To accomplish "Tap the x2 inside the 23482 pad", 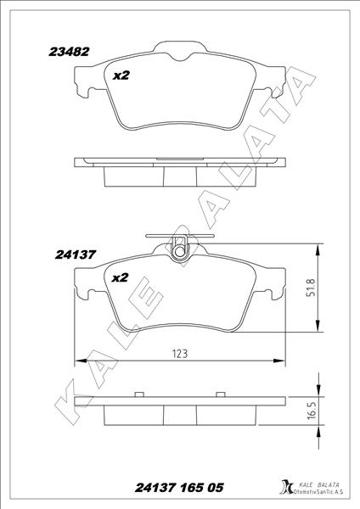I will (x=121, y=76).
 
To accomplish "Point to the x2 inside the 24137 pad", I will (x=120, y=277).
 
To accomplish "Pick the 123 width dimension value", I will (x=179, y=353).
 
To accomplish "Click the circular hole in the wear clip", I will (x=179, y=249).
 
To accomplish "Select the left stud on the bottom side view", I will (x=137, y=394).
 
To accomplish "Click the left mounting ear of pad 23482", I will (x=83, y=84).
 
